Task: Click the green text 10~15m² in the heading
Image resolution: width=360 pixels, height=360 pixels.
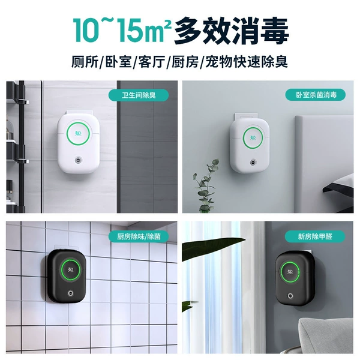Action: tap(122, 31)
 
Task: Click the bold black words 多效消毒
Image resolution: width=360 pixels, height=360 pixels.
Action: tap(232, 31)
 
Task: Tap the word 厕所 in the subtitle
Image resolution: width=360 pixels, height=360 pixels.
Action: tap(85, 62)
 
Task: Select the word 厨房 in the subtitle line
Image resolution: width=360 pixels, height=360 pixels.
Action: tap(185, 62)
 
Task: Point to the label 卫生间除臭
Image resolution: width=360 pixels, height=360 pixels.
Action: tap(139, 95)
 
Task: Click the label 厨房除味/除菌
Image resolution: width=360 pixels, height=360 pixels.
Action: tap(139, 236)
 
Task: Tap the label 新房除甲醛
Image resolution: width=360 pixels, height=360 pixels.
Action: tap(315, 236)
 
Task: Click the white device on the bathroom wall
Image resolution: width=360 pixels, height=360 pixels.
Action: tap(79, 142)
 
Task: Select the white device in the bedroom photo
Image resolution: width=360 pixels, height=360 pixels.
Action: tap(250, 142)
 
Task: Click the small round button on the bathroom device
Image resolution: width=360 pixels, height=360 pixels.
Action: tap(78, 160)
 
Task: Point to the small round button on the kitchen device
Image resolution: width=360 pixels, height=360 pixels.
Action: tap(70, 293)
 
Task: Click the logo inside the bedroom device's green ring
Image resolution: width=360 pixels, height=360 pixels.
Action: tap(253, 137)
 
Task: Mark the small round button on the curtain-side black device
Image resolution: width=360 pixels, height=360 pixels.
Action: tap(291, 296)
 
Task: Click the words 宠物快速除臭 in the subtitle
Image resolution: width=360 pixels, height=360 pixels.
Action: tap(247, 62)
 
